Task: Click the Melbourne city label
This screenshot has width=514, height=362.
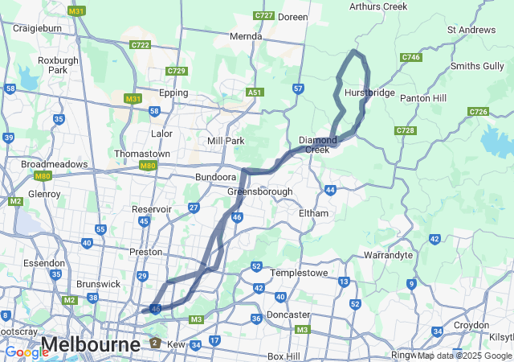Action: pyautogui.click(x=91, y=345)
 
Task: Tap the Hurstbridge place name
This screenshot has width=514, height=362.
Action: pyautogui.click(x=369, y=93)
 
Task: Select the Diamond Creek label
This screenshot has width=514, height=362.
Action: pyautogui.click(x=318, y=145)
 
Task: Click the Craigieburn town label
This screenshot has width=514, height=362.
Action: pyautogui.click(x=38, y=28)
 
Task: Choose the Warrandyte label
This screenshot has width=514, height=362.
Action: pyautogui.click(x=388, y=255)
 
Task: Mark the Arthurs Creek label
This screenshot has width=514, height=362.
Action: pyautogui.click(x=378, y=7)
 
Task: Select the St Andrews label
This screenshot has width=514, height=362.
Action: pyautogui.click(x=471, y=30)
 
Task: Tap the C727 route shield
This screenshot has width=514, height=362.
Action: pyautogui.click(x=263, y=15)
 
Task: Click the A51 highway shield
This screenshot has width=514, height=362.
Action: pyautogui.click(x=255, y=93)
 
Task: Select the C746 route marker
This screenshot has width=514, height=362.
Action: pyautogui.click(x=410, y=57)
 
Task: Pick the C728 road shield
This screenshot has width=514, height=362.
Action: pyautogui.click(x=406, y=130)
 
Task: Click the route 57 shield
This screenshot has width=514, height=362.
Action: pyautogui.click(x=298, y=88)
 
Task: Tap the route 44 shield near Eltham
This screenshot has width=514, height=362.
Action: pyautogui.click(x=330, y=190)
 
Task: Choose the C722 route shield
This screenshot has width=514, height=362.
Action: pyautogui.click(x=141, y=45)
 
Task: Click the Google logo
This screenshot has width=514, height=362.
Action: pyautogui.click(x=27, y=352)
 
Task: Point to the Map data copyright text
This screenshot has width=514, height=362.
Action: pyautogui.click(x=464, y=356)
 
